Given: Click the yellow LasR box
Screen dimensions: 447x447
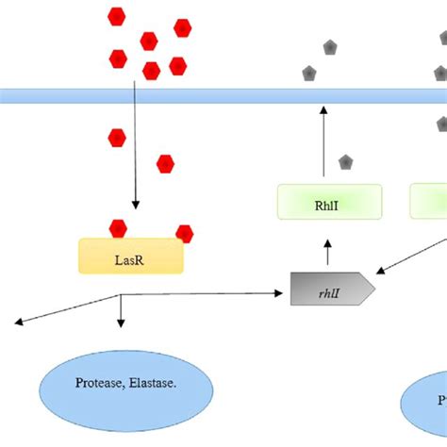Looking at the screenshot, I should (130, 256).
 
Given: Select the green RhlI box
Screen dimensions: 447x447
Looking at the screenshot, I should (329, 203).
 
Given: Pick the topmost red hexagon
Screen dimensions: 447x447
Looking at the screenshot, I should (117, 16).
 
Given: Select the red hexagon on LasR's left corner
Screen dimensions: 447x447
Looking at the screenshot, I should (118, 228).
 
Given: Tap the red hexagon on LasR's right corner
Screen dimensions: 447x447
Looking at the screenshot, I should (185, 233).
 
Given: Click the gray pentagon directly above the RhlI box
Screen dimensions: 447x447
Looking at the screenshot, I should (345, 162).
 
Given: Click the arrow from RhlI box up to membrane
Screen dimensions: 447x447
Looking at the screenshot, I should (324, 141).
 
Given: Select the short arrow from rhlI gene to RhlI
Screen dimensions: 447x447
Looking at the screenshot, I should (328, 252).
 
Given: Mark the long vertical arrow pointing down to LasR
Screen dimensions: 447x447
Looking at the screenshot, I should (136, 151).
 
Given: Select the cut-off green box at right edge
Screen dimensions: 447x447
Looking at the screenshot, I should (429, 203).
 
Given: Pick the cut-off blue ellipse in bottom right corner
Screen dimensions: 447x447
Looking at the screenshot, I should (426, 404).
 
